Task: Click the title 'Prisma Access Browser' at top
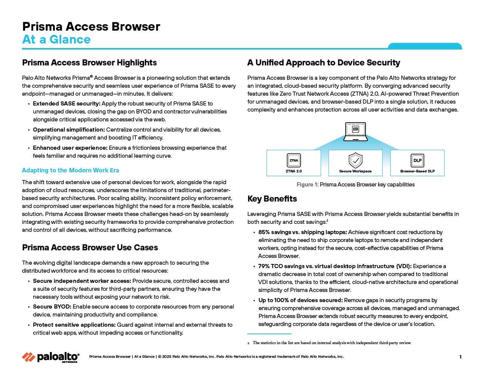click(x=91, y=26)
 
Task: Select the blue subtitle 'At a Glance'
click(x=56, y=39)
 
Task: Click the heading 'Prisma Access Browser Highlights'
click(x=89, y=63)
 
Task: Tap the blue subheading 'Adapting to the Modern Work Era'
click(x=70, y=171)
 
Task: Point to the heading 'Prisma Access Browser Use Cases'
click(x=90, y=248)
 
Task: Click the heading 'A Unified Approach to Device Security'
click(x=324, y=63)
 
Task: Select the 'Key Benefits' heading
click(x=272, y=199)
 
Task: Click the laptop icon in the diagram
click(x=355, y=131)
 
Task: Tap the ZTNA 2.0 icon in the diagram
click(x=294, y=160)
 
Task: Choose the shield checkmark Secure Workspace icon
click(x=355, y=160)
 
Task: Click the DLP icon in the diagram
click(x=417, y=160)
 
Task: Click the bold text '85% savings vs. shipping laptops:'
click(x=302, y=232)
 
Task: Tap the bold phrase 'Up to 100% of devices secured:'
click(x=301, y=300)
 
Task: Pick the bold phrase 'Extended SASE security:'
click(x=67, y=104)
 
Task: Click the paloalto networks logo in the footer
click(x=51, y=357)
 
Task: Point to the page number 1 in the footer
click(x=460, y=357)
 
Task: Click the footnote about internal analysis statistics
click(x=332, y=343)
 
